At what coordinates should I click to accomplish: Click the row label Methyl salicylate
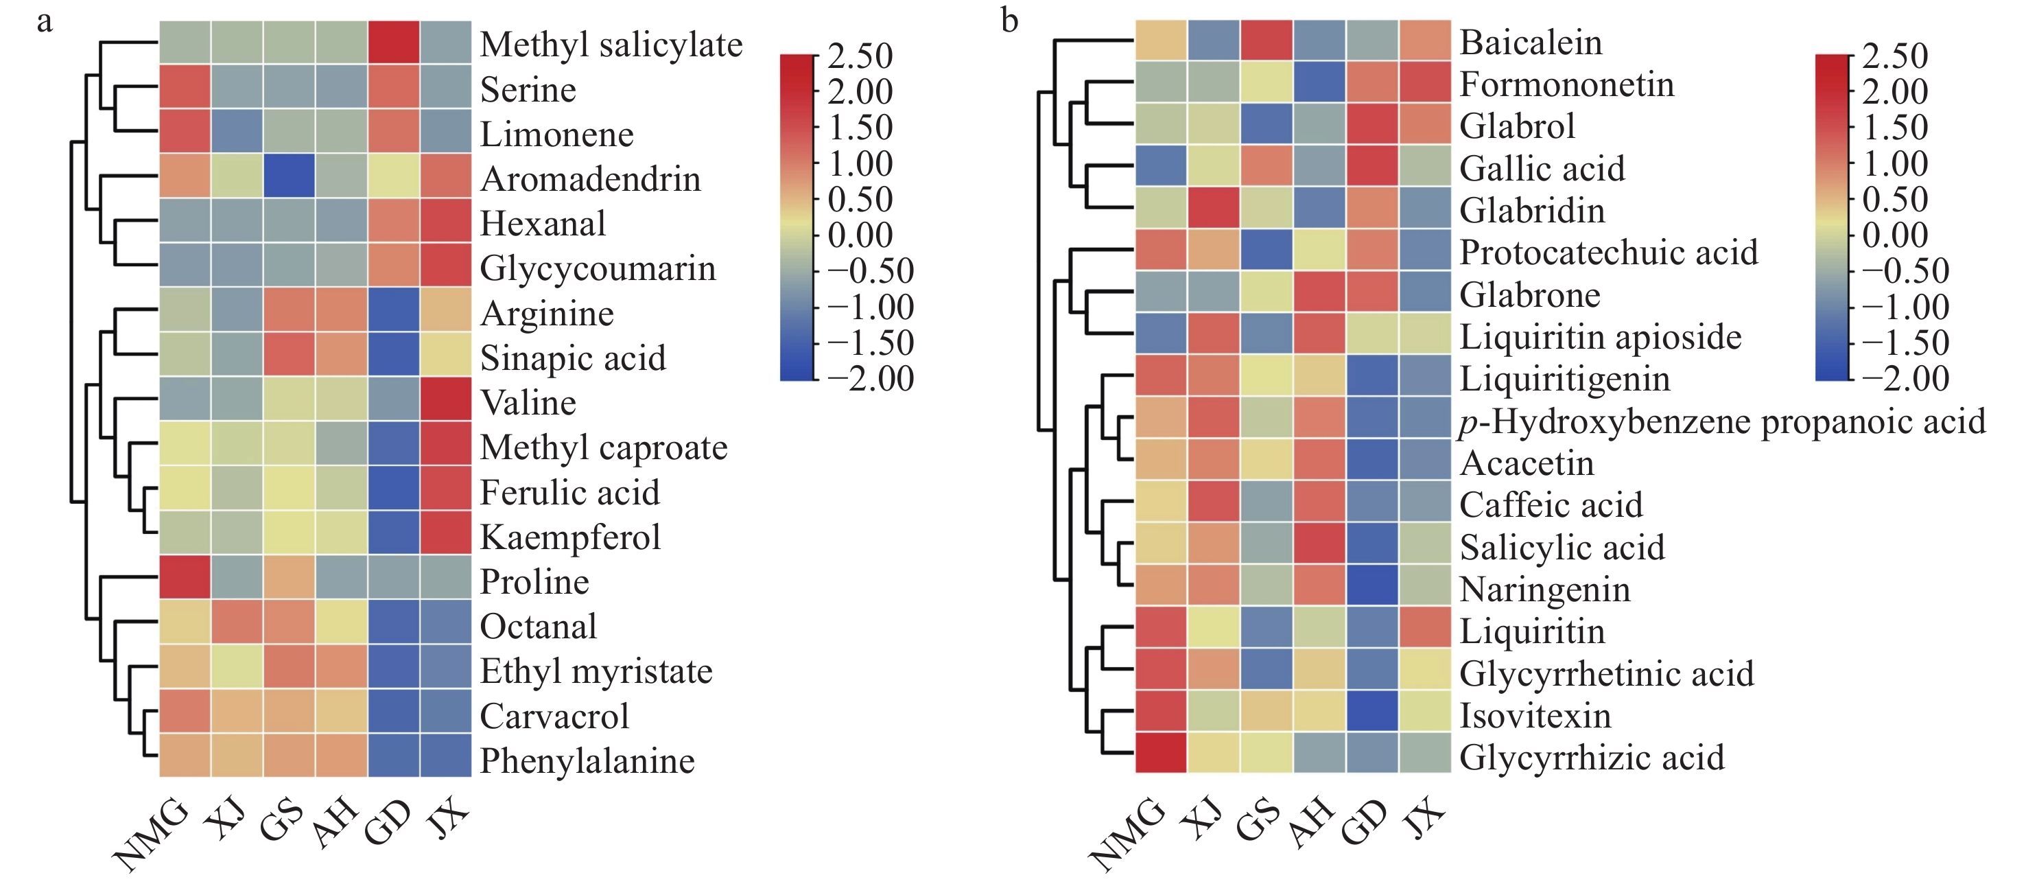point(611,45)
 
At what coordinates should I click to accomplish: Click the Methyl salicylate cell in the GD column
point(393,42)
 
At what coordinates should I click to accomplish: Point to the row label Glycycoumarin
point(598,269)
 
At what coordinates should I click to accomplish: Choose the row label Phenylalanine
point(587,760)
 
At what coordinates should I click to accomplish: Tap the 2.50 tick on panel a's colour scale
point(860,56)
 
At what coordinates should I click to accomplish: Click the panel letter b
point(1009,21)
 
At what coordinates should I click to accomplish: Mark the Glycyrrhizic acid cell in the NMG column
point(1161,753)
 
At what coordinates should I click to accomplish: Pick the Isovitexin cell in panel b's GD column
point(1371,711)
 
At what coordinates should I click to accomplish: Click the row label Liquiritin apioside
point(1600,336)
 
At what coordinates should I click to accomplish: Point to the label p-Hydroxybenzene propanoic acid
point(1721,421)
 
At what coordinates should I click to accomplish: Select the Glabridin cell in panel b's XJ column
point(1214,208)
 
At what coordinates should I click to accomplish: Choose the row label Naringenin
point(1544,590)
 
